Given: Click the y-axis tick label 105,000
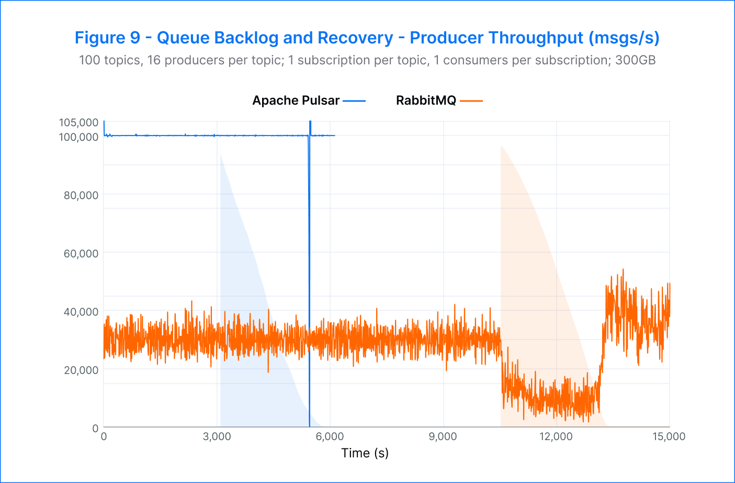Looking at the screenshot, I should pos(78,122).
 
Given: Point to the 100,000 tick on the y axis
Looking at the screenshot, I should pos(78,137).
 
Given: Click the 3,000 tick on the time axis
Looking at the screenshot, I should pos(217,436).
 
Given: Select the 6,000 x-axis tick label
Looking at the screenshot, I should pos(330,436).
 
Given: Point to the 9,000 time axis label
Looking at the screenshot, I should pos(443,436).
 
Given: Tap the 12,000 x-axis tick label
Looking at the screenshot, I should pos(556,436).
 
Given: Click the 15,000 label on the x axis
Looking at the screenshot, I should pos(669,436).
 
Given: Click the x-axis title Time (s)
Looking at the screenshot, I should pos(365,453).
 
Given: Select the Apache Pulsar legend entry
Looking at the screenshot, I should pos(296,100).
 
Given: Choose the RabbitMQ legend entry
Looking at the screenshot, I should pos(426,100).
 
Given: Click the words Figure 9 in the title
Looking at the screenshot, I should pos(107,38).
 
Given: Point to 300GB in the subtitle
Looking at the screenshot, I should pos(635,60).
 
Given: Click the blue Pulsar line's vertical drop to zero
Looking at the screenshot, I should pos(309,283).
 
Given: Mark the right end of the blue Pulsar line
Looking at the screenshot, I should pos(335,136).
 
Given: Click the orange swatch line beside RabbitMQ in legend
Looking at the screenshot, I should pos(471,100).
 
